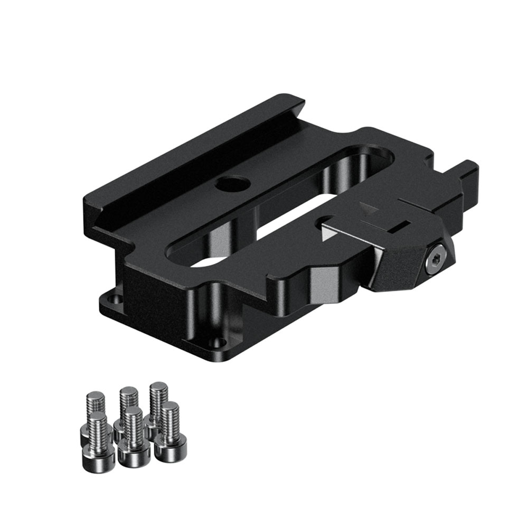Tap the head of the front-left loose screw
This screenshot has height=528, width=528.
(99, 454)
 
